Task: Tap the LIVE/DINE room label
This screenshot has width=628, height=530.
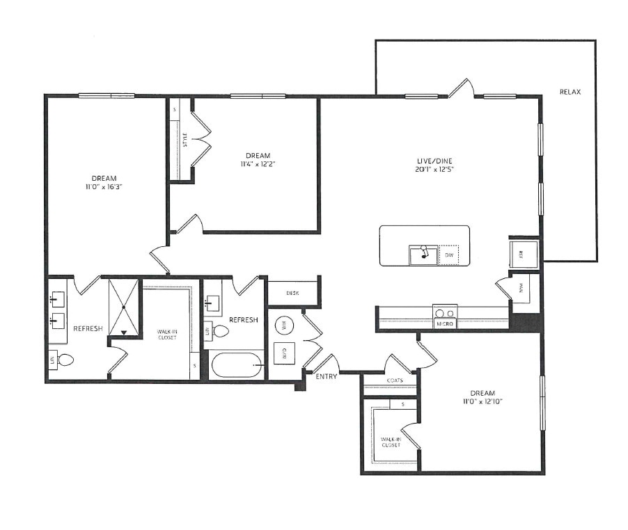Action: pyautogui.click(x=426, y=160)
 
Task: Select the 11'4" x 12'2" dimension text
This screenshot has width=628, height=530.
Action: pyautogui.click(x=258, y=164)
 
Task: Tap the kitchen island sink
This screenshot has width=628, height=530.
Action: pyautogui.click(x=423, y=255)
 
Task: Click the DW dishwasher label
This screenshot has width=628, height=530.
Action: pyautogui.click(x=449, y=255)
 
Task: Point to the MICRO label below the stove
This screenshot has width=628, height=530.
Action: pyautogui.click(x=445, y=323)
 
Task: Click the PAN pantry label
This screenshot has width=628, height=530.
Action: pyautogui.click(x=519, y=287)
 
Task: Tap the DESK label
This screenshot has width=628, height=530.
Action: pyautogui.click(x=292, y=293)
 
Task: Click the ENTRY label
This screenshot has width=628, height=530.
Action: pyautogui.click(x=326, y=376)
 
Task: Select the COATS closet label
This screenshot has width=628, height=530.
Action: pyautogui.click(x=395, y=380)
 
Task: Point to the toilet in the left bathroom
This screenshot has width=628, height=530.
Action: pyautogui.click(x=66, y=360)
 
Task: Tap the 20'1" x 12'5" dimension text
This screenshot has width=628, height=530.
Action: pyautogui.click(x=426, y=169)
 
